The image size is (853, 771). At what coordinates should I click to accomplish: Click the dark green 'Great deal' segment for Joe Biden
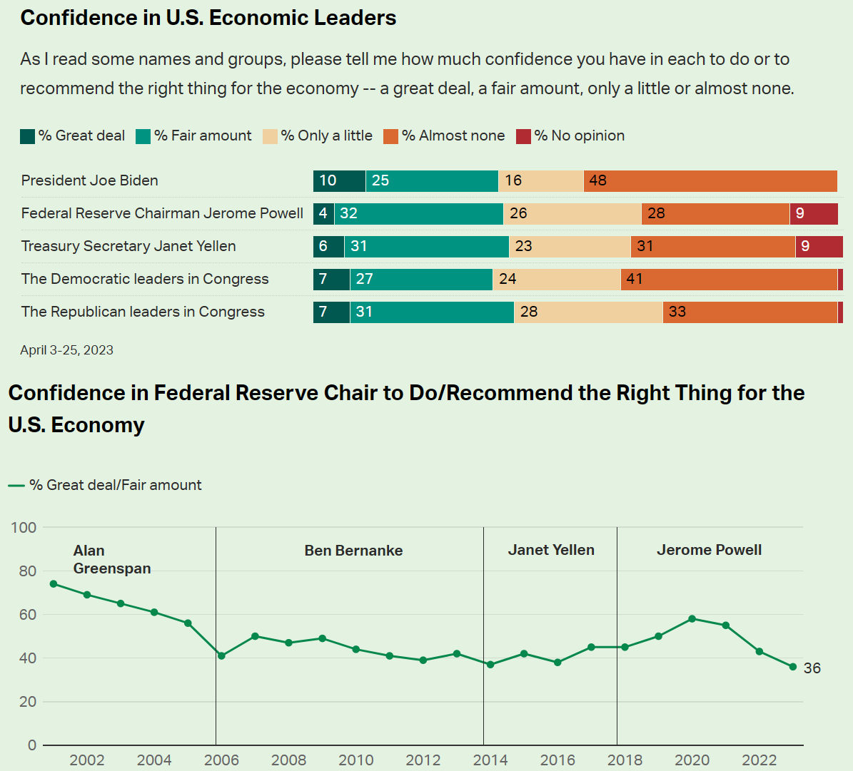tap(339, 181)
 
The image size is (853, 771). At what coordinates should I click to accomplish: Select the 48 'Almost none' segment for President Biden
tap(710, 181)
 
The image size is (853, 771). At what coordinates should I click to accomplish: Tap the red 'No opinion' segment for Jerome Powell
tap(814, 214)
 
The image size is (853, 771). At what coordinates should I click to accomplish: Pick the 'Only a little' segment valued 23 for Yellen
tap(570, 247)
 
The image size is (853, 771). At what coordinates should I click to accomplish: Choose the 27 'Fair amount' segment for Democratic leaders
tap(421, 280)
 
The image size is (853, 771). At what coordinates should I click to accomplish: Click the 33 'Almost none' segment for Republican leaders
tap(749, 312)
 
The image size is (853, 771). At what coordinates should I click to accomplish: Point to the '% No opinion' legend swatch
tap(524, 136)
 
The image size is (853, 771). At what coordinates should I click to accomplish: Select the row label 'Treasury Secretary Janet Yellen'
tap(128, 246)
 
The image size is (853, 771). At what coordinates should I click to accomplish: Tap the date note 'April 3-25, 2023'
tap(66, 350)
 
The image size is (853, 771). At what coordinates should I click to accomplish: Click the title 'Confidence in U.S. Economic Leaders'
tap(208, 18)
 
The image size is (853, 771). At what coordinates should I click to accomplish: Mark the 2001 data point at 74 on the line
tap(54, 584)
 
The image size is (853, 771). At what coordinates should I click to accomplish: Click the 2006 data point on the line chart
tap(221, 656)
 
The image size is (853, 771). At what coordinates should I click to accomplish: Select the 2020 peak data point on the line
tap(692, 619)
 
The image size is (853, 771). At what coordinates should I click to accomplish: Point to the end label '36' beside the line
tap(812, 668)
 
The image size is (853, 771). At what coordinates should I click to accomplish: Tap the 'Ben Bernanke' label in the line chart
tap(353, 551)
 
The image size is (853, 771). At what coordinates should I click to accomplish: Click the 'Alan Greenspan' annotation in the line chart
tap(111, 559)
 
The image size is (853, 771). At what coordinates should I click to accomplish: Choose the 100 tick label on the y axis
tap(24, 528)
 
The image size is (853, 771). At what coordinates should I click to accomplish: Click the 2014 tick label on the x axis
tap(490, 760)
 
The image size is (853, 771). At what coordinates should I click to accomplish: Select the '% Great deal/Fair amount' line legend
tap(105, 486)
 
